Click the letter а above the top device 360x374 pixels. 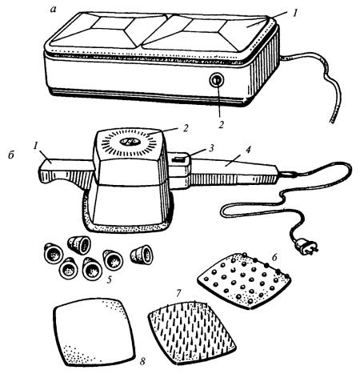(x=54, y=10)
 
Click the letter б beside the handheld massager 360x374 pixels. (x=11, y=155)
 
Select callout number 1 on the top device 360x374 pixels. (x=294, y=13)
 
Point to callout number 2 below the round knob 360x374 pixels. (x=221, y=124)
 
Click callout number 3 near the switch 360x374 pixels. (x=211, y=148)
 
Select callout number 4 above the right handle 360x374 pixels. (x=248, y=150)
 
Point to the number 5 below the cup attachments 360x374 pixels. (x=110, y=279)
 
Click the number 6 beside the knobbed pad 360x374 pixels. (x=275, y=257)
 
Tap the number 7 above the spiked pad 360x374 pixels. (x=178, y=293)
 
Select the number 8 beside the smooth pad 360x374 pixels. (x=142, y=361)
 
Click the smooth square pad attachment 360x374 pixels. (x=94, y=332)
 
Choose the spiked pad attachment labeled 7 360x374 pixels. (x=192, y=332)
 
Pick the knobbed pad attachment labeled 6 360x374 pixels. (x=244, y=281)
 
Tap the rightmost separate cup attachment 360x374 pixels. (x=142, y=255)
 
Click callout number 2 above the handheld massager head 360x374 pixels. (x=186, y=128)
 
